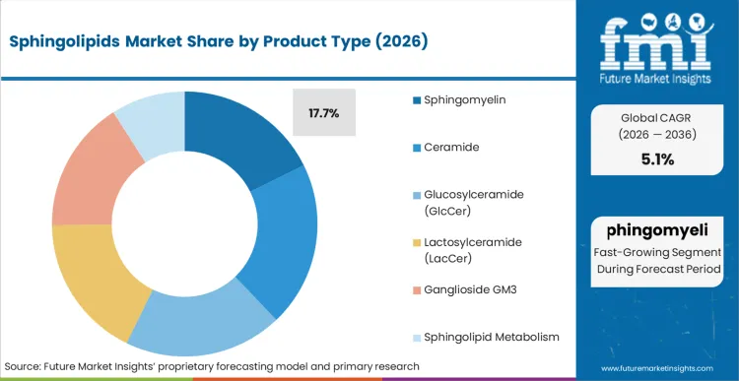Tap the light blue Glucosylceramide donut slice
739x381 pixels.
(207, 324)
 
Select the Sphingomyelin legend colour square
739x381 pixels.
(417, 100)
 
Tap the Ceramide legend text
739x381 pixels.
(452, 148)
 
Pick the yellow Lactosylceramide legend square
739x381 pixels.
(417, 242)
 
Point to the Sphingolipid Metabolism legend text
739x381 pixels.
(493, 337)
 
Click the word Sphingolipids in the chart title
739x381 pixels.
(62, 42)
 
